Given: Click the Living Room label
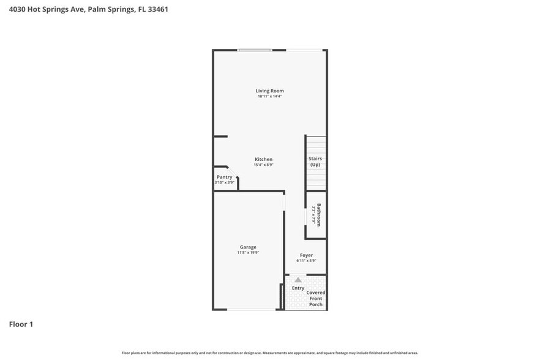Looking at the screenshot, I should pyautogui.click(x=269, y=91).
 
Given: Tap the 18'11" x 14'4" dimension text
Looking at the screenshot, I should pyautogui.click(x=269, y=96).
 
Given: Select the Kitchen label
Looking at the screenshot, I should pyautogui.click(x=263, y=159).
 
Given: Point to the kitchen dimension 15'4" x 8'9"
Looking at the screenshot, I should pyautogui.click(x=263, y=165).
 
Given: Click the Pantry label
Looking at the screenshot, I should pyautogui.click(x=224, y=177).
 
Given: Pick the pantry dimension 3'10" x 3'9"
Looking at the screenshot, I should pyautogui.click(x=224, y=182).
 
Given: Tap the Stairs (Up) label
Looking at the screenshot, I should pyautogui.click(x=315, y=162).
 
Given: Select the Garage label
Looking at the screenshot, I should pyautogui.click(x=248, y=247).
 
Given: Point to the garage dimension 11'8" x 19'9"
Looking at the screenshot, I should pyautogui.click(x=248, y=253).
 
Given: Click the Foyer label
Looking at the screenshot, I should pyautogui.click(x=306, y=255).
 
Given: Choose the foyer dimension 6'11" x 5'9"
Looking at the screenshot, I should pyautogui.click(x=306, y=261).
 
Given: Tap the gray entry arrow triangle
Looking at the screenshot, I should pyautogui.click(x=298, y=280).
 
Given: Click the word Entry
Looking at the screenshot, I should pyautogui.click(x=298, y=288).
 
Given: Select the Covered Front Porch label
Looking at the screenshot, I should pyautogui.click(x=316, y=299).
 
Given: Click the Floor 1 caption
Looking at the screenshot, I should pyautogui.click(x=21, y=324).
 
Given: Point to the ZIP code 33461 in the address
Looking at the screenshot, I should pyautogui.click(x=157, y=10).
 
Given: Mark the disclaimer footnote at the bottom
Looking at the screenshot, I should pyautogui.click(x=269, y=353).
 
